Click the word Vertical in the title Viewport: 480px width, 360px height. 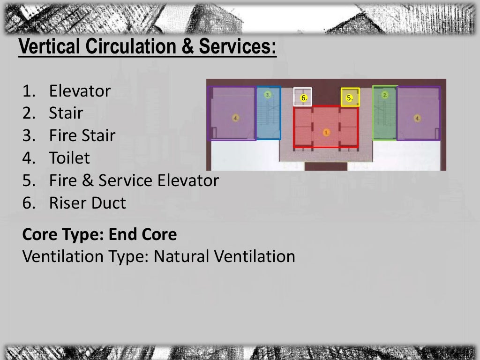click(50, 47)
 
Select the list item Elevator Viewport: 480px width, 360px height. click(80, 91)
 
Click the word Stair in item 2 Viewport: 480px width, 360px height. click(66, 113)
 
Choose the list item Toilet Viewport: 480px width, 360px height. click(69, 158)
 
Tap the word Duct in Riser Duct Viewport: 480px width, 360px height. click(108, 203)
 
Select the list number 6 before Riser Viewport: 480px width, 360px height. click(27, 203)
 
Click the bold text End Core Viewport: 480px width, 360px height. click(142, 234)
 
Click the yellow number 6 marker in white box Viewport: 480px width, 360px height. click(304, 98)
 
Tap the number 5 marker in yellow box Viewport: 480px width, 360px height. click(349, 98)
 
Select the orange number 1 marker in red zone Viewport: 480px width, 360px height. click(326, 133)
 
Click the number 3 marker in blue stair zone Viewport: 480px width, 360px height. click(268, 95)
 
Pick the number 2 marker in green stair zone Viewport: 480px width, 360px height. click(385, 95)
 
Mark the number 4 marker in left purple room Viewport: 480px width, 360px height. click(236, 118)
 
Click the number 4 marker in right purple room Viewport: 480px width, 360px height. click(417, 118)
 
